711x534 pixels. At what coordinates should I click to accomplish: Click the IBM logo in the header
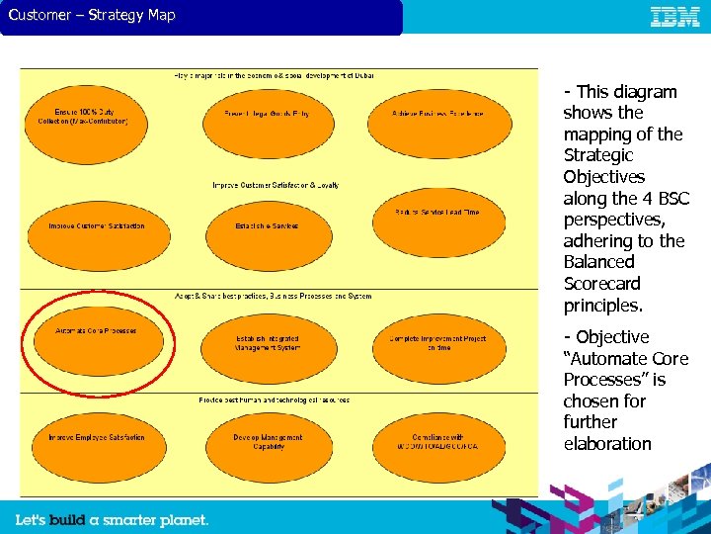pyautogui.click(x=675, y=16)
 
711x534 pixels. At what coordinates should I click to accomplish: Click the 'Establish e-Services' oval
pyautogui.click(x=266, y=226)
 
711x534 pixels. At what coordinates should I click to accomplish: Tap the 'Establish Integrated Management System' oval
pyautogui.click(x=266, y=343)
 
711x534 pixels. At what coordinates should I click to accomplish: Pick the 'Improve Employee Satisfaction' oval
pyautogui.click(x=96, y=438)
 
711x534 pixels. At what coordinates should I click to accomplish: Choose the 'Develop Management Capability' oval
pyautogui.click(x=266, y=442)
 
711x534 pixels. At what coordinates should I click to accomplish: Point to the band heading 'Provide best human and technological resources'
pyautogui.click(x=261, y=400)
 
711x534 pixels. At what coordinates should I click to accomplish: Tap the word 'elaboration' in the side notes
pyautogui.click(x=607, y=444)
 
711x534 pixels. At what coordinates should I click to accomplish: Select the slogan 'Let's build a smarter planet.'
pyautogui.click(x=112, y=520)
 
